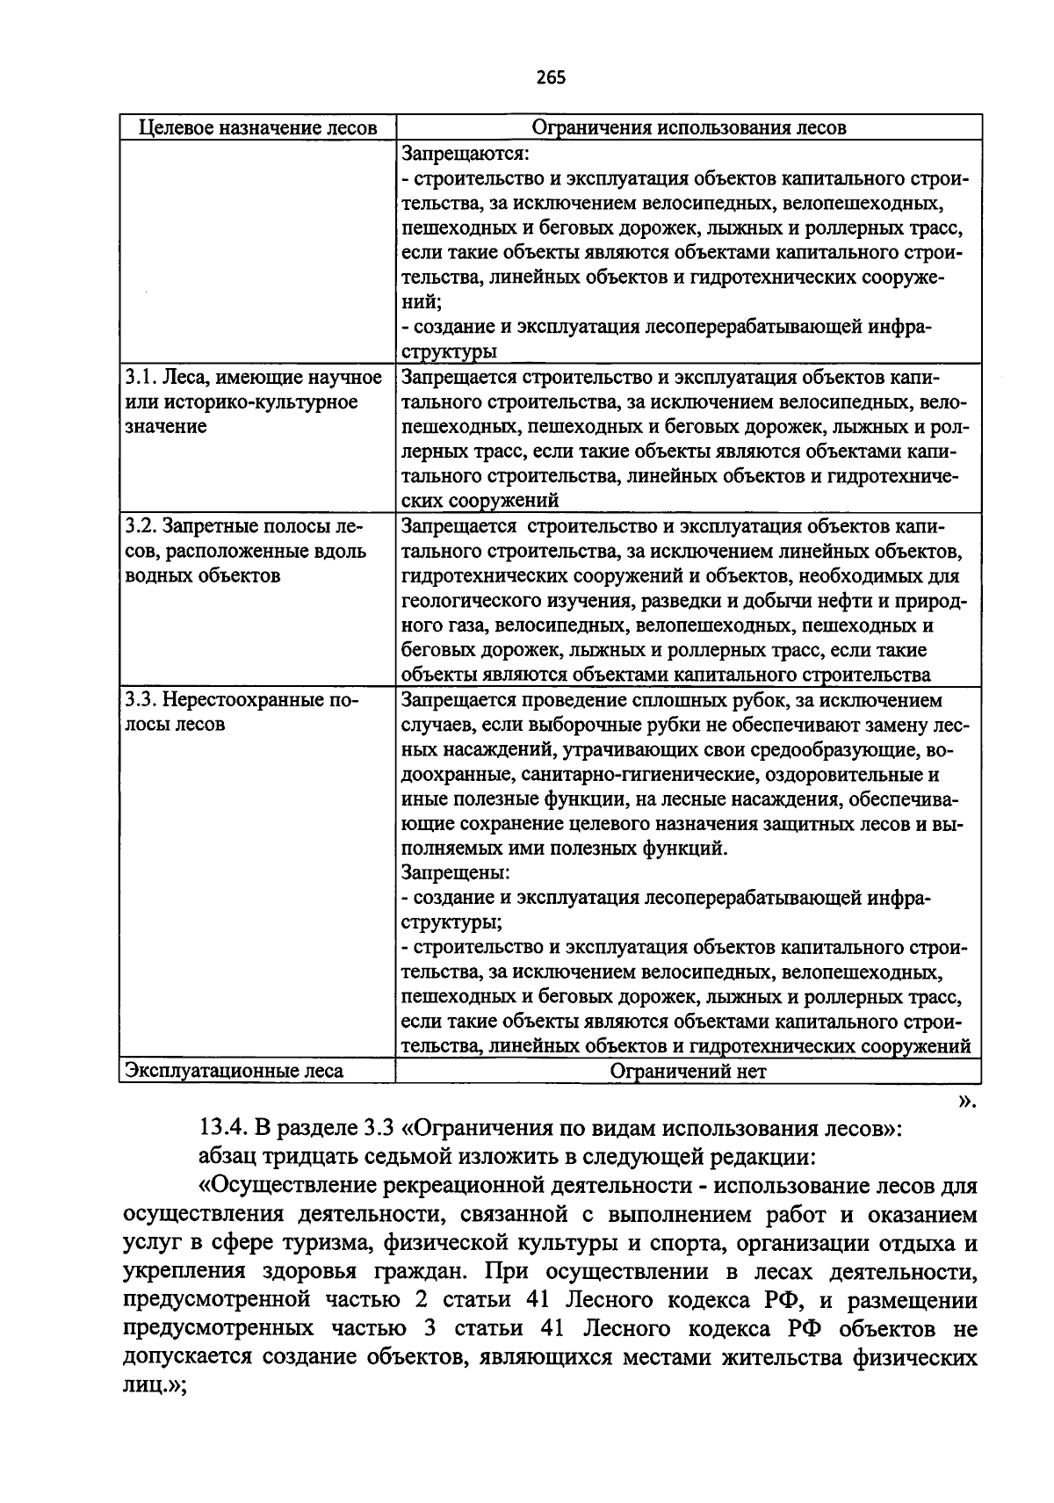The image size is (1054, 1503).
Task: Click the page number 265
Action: pos(550,77)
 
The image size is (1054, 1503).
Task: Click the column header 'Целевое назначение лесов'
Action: pos(258,128)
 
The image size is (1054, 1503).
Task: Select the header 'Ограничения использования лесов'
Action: pos(689,128)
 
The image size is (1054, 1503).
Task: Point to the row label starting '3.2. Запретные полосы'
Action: pos(243,527)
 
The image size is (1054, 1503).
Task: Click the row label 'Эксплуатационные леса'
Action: pos(235,1071)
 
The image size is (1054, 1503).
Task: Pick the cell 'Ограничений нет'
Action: pos(689,1071)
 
